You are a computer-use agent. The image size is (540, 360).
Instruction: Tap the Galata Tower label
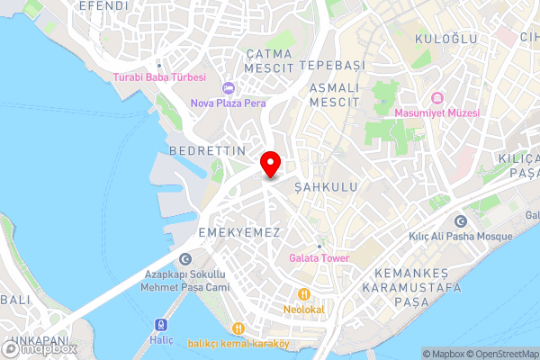coord(319,258)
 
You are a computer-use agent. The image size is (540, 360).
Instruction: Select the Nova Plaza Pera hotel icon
coord(228,88)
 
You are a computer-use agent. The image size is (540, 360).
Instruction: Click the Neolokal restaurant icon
coord(305,293)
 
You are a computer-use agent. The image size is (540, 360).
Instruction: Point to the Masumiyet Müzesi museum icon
coord(437,97)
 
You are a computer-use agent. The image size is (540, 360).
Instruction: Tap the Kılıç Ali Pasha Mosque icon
coord(461,221)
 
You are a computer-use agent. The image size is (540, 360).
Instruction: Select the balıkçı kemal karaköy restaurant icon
coord(238,328)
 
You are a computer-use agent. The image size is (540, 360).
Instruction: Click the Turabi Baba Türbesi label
coord(159,77)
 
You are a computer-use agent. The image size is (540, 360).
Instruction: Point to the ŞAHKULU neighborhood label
coord(326,186)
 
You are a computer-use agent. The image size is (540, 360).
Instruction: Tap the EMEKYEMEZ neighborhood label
coord(239,232)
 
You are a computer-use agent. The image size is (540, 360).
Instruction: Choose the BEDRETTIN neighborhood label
coord(207,151)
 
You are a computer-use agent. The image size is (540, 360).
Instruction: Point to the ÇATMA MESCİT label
coord(269,61)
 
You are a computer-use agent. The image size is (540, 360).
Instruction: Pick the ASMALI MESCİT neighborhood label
coord(334,95)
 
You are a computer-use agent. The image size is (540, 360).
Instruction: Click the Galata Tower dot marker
coord(319,246)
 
